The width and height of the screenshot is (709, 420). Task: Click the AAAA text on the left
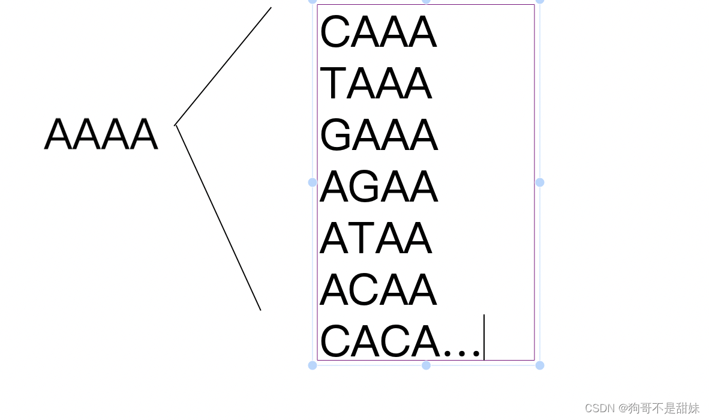[101, 134]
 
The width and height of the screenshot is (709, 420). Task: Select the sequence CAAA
[378, 32]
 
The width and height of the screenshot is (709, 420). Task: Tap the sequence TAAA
[375, 84]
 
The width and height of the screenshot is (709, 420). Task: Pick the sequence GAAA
[378, 136]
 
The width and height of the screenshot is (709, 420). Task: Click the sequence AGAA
[378, 187]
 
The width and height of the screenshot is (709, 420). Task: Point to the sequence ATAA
[375, 239]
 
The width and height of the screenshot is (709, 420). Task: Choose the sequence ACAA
[378, 290]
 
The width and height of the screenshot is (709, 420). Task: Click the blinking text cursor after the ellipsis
[484, 337]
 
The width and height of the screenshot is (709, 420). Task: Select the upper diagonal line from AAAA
[223, 66]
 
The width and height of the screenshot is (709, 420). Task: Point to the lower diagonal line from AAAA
[218, 218]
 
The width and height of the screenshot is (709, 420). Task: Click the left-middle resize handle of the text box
[313, 182]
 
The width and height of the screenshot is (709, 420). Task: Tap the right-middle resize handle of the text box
[540, 182]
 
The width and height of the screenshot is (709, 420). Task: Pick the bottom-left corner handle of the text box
[313, 365]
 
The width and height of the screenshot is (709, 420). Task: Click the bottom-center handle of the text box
[426, 365]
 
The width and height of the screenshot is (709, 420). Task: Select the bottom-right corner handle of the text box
[540, 365]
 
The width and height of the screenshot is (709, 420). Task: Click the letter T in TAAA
[334, 84]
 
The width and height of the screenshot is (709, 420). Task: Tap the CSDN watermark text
[642, 409]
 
